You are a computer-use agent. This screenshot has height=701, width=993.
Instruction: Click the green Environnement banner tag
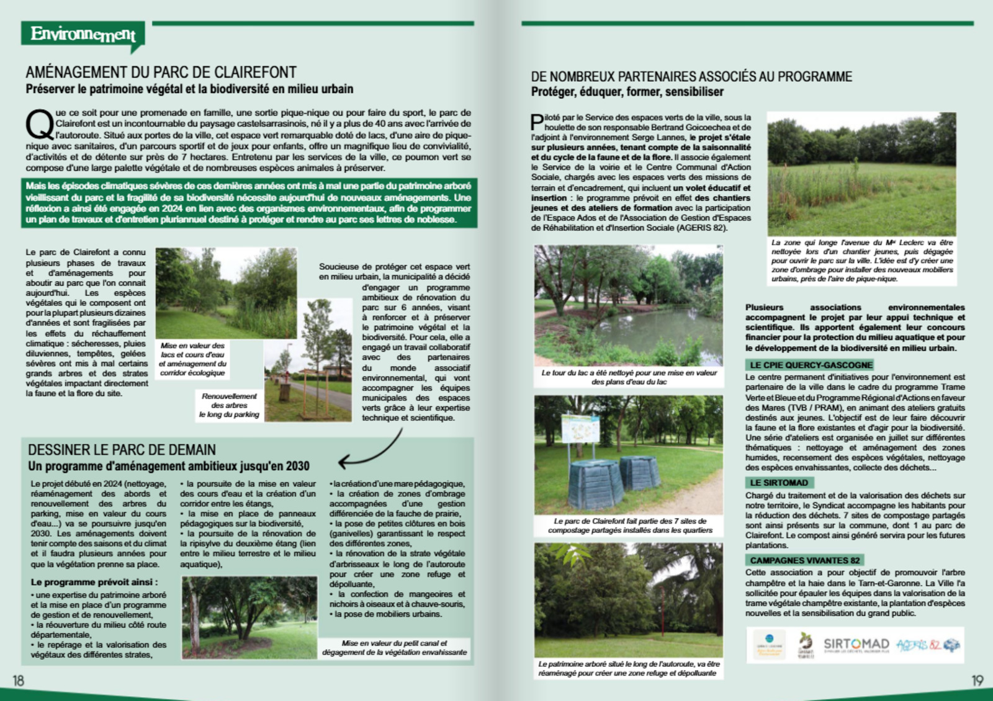pos(83,34)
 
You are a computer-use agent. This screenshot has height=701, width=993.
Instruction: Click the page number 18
pos(19,681)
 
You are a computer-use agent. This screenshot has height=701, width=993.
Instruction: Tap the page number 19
pos(977,681)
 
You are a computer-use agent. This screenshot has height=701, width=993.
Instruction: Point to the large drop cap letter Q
pos(39,125)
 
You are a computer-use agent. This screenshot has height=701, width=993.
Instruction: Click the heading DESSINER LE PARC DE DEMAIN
pos(122,450)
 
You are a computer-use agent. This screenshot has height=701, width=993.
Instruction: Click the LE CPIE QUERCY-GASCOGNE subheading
pos(811,365)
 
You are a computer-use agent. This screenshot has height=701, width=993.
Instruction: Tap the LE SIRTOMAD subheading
pos(779,483)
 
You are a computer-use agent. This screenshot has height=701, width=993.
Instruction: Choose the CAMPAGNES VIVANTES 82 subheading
pos(805,560)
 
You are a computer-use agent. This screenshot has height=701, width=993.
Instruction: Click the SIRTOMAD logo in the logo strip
pos(856,645)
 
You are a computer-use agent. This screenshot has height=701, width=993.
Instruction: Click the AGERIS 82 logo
pos(927,645)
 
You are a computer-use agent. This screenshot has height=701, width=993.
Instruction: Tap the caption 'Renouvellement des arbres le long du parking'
pos(229,405)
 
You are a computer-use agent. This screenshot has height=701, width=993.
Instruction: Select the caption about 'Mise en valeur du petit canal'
pos(394,648)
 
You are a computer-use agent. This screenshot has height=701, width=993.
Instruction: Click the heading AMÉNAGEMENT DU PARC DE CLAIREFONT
pos(161,73)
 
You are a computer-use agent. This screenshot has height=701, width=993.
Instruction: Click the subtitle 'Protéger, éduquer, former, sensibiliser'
pos(627,92)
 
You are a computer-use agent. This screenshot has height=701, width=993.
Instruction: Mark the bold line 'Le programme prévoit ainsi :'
pos(94,582)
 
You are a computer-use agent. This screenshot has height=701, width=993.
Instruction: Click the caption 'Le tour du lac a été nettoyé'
pos(629,377)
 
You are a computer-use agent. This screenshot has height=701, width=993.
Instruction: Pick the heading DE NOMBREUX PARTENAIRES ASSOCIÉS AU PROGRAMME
pos(691,77)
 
